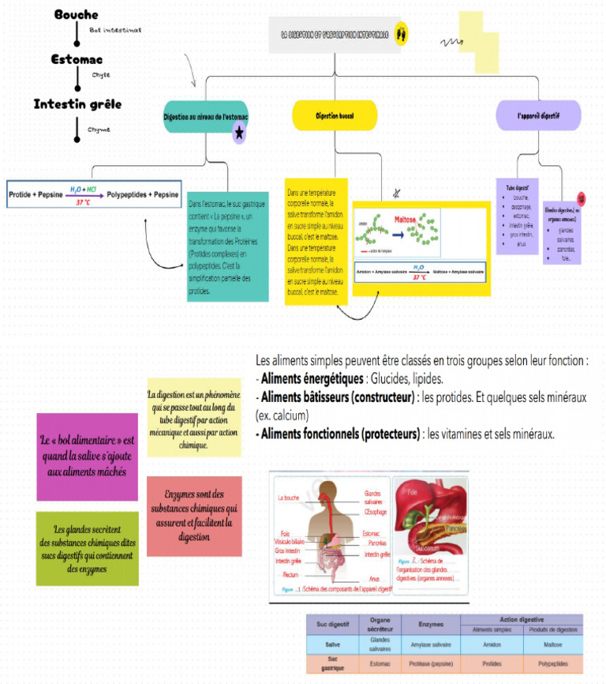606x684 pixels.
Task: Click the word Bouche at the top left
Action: pyautogui.click(x=76, y=15)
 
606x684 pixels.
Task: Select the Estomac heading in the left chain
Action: pyautogui.click(x=77, y=59)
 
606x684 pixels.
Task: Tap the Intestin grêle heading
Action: pyautogui.click(x=77, y=104)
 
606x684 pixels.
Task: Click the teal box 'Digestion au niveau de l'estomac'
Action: pyautogui.click(x=205, y=117)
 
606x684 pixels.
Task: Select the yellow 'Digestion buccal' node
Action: pyautogui.click(x=335, y=115)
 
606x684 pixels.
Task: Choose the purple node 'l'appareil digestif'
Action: pyautogui.click(x=538, y=115)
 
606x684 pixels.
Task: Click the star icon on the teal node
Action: pyautogui.click(x=238, y=134)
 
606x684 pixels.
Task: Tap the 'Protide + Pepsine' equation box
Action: pyautogui.click(x=93, y=194)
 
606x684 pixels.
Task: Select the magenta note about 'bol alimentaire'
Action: pyautogui.click(x=87, y=456)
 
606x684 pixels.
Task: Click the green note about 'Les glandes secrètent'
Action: pyautogui.click(x=87, y=548)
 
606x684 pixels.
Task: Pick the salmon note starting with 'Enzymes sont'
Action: pyautogui.click(x=194, y=515)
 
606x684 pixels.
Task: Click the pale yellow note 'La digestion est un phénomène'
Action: pyautogui.click(x=194, y=419)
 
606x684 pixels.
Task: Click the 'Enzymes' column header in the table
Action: pyautogui.click(x=431, y=623)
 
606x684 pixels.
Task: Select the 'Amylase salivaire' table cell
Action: pyautogui.click(x=431, y=645)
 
